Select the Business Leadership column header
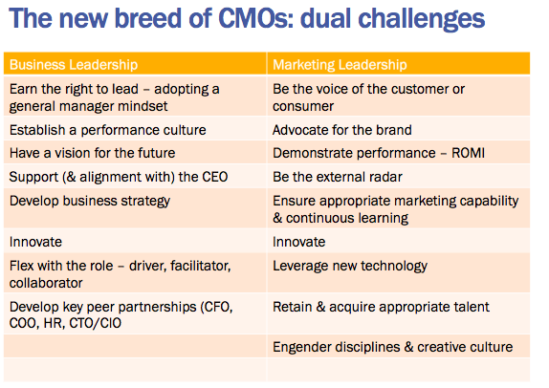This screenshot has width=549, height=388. tap(74, 65)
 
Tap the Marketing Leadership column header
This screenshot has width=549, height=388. tap(340, 65)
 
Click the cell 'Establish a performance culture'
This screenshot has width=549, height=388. tap(108, 130)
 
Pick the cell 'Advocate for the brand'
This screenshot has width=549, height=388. tap(342, 130)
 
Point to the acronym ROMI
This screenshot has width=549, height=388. tap(468, 153)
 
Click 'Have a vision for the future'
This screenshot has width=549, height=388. tap(92, 153)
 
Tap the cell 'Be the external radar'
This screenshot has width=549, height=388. tap(338, 177)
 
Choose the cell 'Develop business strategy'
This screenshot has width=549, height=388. tap(90, 202)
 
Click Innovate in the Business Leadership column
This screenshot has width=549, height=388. tap(35, 242)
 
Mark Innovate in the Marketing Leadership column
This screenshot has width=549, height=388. tap(299, 242)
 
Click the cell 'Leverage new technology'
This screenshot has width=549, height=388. tap(350, 266)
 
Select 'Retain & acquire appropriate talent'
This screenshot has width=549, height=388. tap(381, 307)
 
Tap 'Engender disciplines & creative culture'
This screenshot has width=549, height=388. tap(393, 347)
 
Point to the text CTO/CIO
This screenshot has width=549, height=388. tap(96, 323)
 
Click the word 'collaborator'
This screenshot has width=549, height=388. tap(46, 283)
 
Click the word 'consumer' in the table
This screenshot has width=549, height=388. tap(303, 106)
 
